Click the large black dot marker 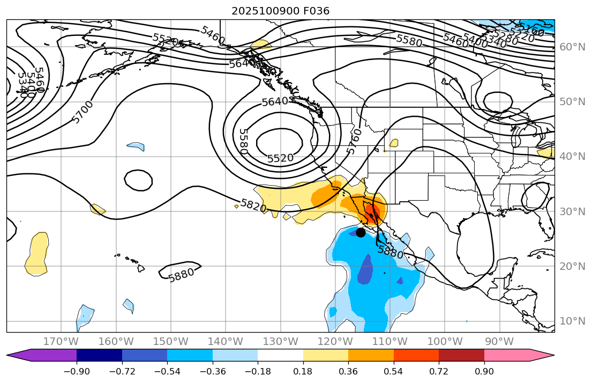point(361,232)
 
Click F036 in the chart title point(318,11)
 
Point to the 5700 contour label point(83,112)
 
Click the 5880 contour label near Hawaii point(181,275)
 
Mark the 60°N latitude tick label point(572,47)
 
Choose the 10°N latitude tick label point(572,321)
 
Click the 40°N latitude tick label point(572,156)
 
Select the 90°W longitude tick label point(499,341)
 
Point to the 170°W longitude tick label point(61,341)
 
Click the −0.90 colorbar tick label point(77,371)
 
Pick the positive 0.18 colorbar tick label point(303,371)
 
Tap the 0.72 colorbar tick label point(439,371)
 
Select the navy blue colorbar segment point(99,355)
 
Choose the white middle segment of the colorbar point(280,355)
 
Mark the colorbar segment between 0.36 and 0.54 point(371,355)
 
